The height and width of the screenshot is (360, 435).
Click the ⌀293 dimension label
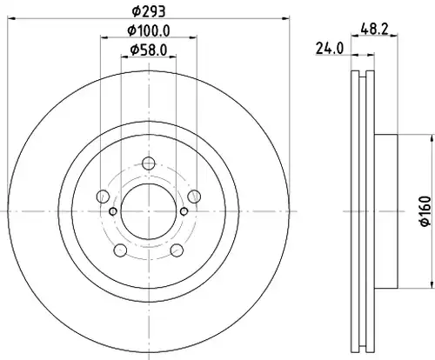(149, 11)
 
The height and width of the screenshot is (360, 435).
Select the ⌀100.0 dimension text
(149, 30)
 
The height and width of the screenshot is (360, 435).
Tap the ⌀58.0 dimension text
(149, 50)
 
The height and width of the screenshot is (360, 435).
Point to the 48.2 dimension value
(374, 29)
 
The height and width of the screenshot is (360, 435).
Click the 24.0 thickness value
(330, 49)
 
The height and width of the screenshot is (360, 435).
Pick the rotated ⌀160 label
(425, 211)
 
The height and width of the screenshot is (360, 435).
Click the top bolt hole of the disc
(149, 163)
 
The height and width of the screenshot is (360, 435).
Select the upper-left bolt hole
(103, 197)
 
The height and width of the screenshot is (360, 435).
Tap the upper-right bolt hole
(194, 197)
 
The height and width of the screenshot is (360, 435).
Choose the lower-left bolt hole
(120, 250)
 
